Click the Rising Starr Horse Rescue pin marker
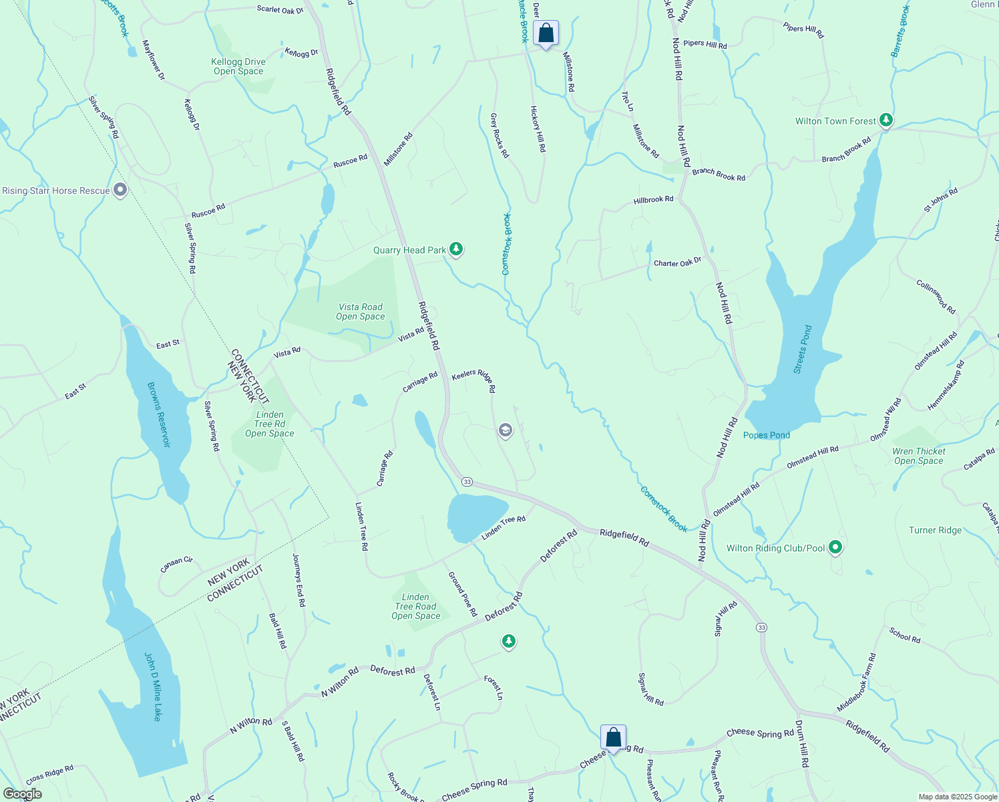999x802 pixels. (120, 190)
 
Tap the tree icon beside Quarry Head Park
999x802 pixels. (456, 249)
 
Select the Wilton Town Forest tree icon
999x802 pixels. (885, 120)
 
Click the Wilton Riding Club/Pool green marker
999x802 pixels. (835, 548)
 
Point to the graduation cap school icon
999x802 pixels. (506, 430)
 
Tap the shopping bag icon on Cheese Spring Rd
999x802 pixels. (613, 738)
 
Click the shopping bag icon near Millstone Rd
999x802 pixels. (546, 33)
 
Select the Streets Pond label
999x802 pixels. (803, 350)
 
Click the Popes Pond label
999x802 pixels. (766, 435)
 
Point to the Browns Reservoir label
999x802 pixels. (159, 414)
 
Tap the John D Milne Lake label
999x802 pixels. (153, 687)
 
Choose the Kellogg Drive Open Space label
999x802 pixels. (238, 67)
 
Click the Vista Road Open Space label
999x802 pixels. (360, 311)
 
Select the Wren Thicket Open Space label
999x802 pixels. (918, 456)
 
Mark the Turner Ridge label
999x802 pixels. (935, 530)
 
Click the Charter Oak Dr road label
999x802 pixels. (677, 263)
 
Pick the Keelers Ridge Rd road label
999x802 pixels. (474, 381)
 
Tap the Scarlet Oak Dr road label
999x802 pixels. (280, 9)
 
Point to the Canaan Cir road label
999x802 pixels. (177, 565)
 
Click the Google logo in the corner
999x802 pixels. (22, 794)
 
